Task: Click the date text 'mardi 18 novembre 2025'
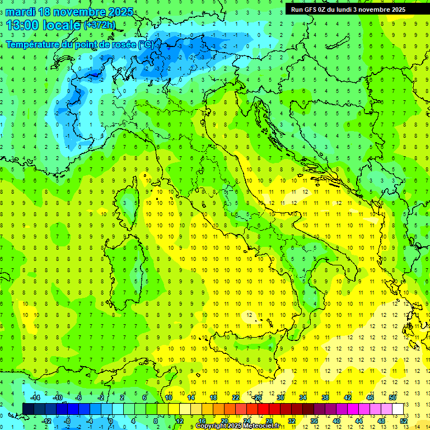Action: coord(69,12)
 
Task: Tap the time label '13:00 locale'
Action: coord(44,25)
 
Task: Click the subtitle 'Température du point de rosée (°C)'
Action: coord(80,44)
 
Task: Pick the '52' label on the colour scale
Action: coord(404,421)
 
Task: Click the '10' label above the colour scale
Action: coord(169,398)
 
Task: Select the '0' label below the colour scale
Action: coord(111,421)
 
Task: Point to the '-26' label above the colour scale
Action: coord(258,398)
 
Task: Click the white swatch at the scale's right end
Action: coord(398,409)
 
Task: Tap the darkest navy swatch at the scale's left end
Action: coord(29,409)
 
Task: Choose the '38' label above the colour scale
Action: coord(325,398)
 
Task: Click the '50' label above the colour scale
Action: coord(392,398)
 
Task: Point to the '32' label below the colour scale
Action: coord(292,421)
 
